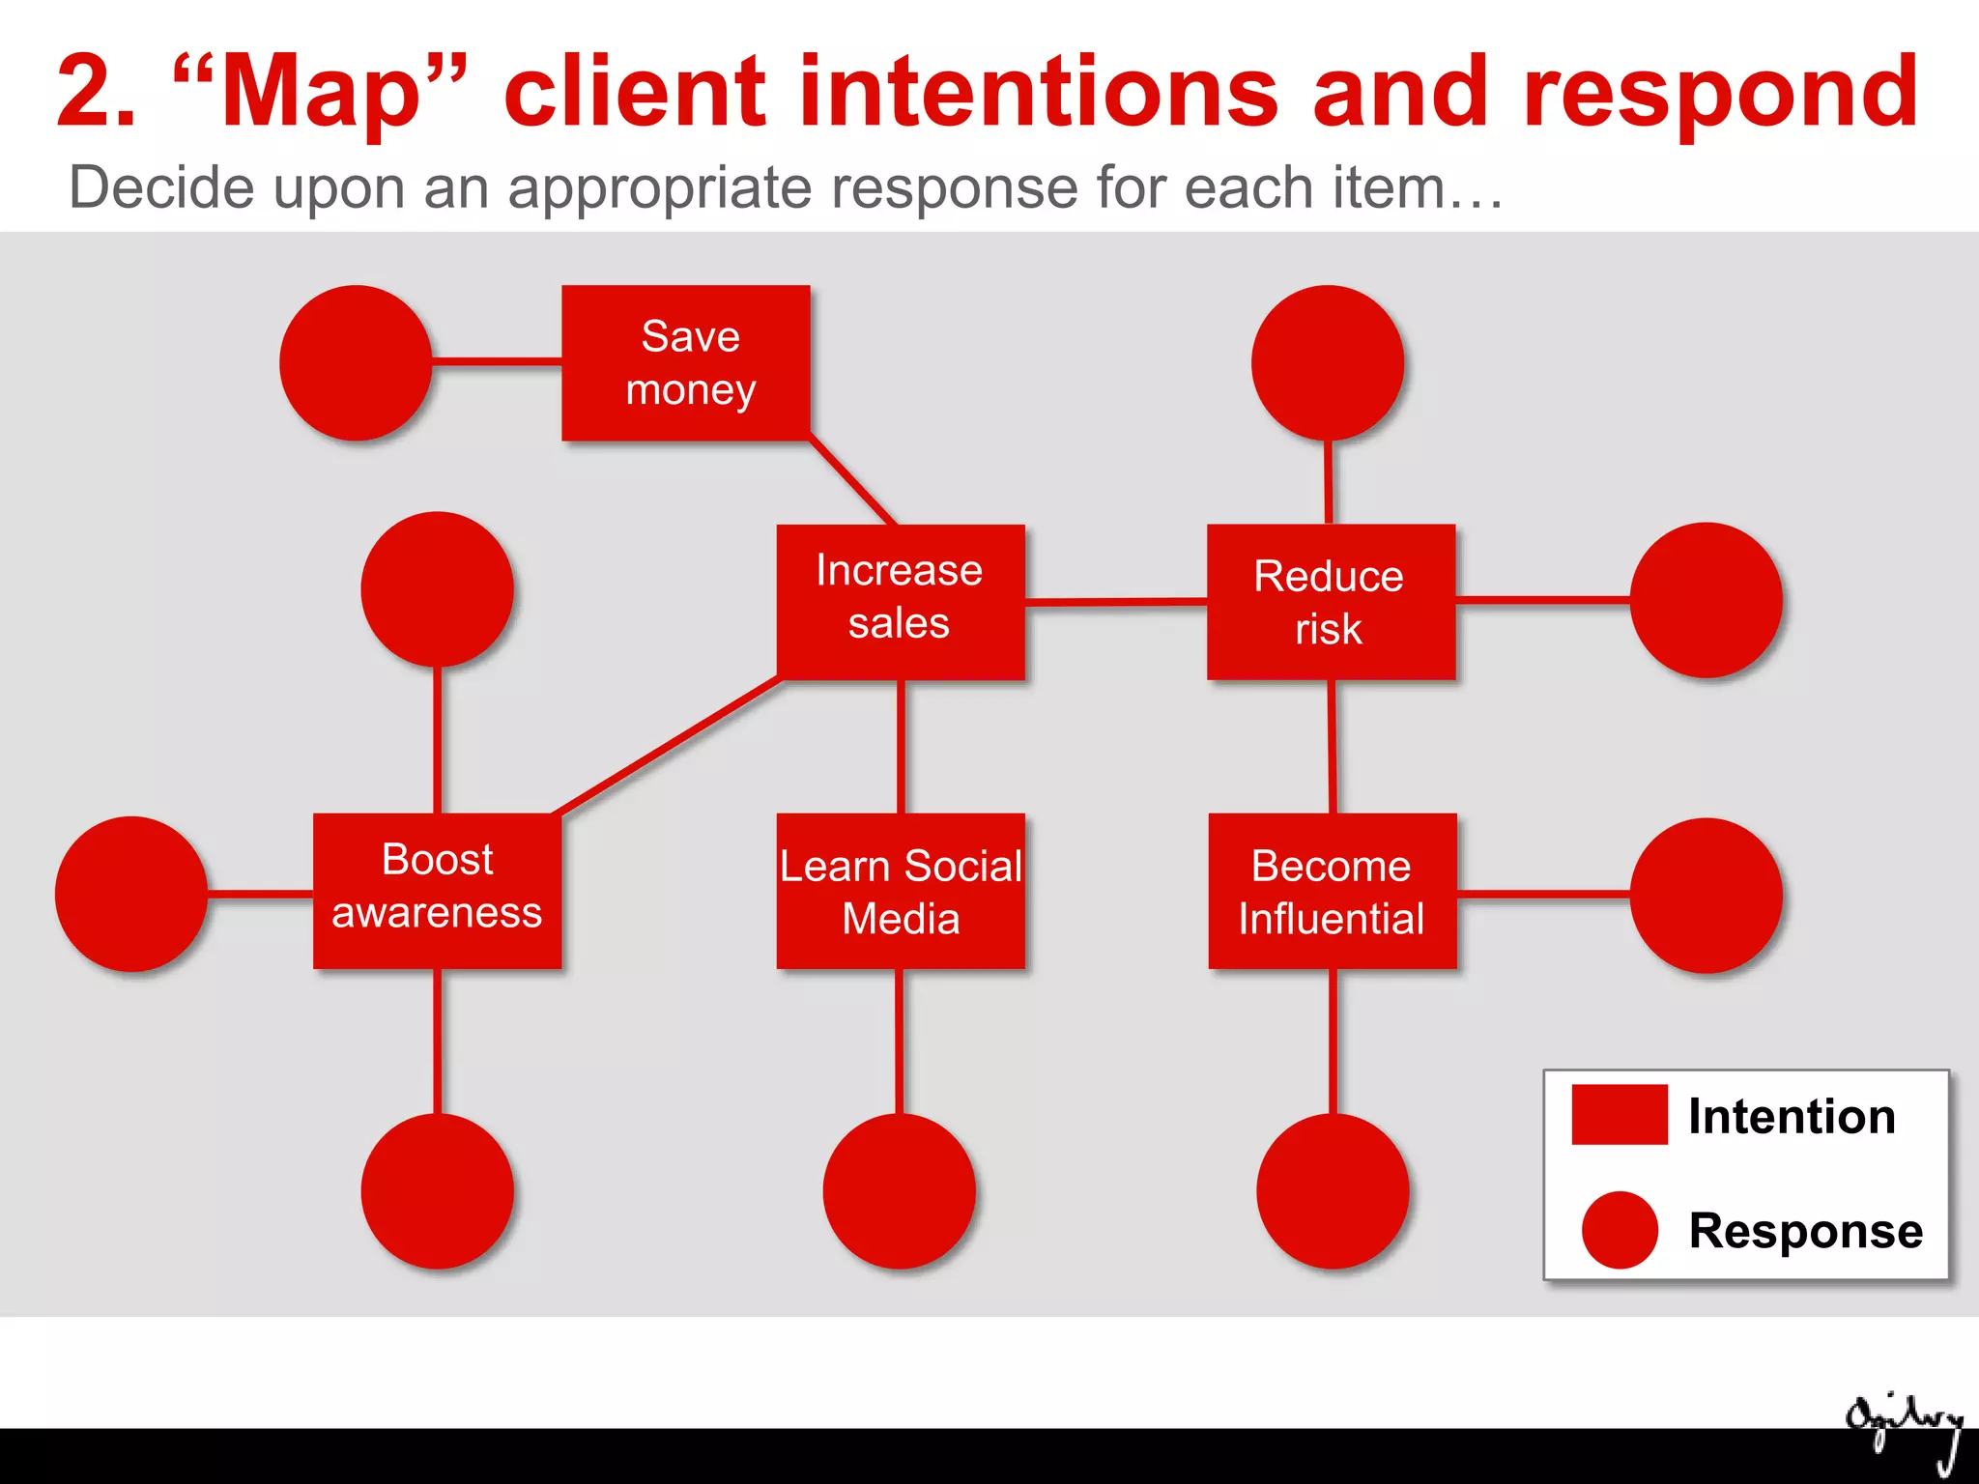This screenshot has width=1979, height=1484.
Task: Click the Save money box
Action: click(686, 363)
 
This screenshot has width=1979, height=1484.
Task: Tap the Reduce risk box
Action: click(1331, 601)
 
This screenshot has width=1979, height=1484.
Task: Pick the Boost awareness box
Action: click(437, 890)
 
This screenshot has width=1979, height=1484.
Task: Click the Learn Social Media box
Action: click(901, 890)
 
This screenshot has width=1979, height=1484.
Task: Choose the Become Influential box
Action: click(1332, 890)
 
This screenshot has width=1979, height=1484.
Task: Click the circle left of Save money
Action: click(356, 363)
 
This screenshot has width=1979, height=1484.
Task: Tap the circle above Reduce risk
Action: click(1328, 363)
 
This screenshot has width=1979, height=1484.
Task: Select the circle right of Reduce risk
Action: click(1706, 599)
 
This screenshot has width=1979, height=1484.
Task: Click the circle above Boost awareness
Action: click(437, 588)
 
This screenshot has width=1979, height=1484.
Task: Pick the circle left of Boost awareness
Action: click(131, 894)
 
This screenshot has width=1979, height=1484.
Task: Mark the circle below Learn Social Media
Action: click(899, 1190)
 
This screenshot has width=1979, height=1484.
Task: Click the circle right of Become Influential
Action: click(1706, 895)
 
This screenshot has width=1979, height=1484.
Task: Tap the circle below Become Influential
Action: click(1333, 1190)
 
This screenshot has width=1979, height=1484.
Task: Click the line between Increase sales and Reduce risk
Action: click(1116, 601)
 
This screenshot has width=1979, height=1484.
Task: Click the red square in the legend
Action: click(1620, 1115)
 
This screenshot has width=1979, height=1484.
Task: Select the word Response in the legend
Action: click(1805, 1231)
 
